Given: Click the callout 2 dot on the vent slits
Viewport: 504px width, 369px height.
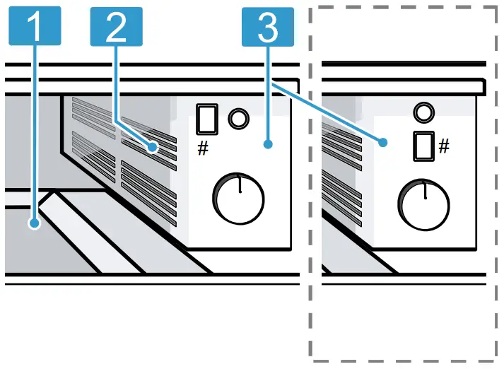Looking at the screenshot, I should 153,148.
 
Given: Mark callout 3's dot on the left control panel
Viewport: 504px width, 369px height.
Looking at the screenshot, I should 268,144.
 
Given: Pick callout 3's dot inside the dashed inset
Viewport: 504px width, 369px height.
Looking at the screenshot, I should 384,142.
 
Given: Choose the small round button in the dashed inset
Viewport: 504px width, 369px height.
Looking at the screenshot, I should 423,111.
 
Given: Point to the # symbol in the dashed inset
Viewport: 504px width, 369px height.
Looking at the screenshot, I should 444,146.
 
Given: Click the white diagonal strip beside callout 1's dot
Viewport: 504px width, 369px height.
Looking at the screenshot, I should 92,233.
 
